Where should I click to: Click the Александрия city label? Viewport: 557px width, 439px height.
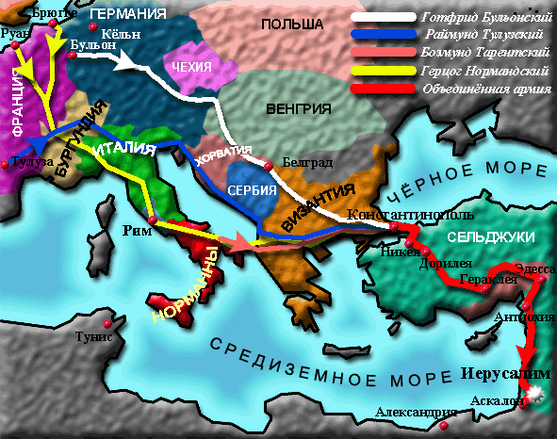411,413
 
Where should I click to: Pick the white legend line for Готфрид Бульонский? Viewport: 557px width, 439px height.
383,17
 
